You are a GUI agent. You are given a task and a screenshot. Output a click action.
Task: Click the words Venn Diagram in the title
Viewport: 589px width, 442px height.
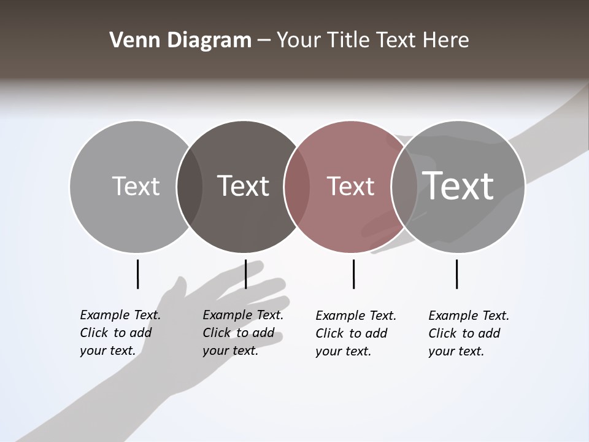180,41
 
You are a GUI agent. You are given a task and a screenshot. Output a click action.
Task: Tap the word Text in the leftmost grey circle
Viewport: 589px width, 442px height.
136,186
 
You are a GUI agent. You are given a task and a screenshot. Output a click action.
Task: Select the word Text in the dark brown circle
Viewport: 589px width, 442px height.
243,186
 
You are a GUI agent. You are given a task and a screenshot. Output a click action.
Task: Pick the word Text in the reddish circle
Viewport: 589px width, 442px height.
350,186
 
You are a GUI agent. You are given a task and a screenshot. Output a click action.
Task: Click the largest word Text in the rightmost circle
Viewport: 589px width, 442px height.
458,185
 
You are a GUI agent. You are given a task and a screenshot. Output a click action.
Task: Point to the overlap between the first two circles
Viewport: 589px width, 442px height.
190,187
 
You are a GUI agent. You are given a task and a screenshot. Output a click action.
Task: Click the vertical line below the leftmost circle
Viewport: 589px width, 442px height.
138,274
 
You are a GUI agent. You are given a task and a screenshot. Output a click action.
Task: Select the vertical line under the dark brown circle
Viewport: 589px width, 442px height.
245,274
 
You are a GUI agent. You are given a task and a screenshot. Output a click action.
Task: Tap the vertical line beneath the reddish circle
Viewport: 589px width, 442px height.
353,274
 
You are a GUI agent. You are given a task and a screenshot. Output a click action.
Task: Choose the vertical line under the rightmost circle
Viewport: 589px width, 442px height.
456,274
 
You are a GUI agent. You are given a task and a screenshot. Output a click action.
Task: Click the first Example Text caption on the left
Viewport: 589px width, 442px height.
120,333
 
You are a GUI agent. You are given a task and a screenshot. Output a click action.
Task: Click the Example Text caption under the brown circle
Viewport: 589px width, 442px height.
242,333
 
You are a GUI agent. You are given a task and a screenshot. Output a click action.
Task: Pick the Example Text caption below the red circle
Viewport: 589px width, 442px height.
355,333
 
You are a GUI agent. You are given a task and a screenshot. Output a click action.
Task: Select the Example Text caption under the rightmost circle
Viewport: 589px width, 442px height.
468,333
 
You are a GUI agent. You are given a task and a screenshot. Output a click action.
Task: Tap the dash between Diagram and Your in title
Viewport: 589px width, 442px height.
264,41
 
